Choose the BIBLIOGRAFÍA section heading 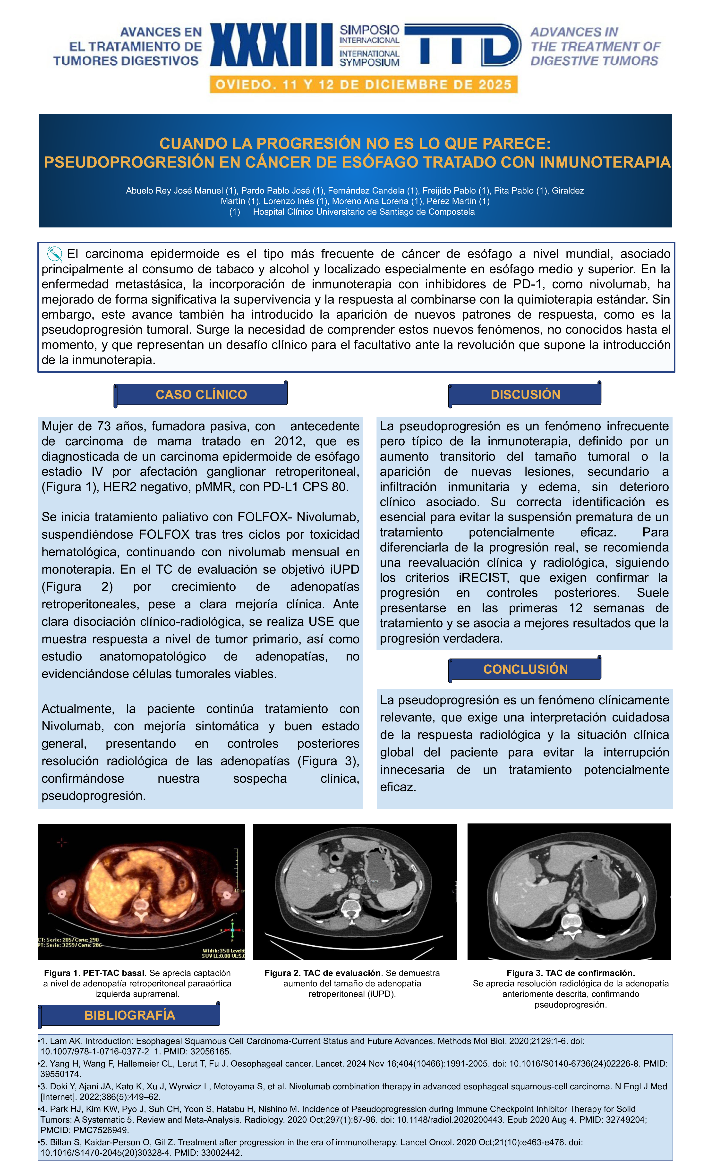tap(130, 1015)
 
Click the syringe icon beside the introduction tap(55, 254)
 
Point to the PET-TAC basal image tap(142, 891)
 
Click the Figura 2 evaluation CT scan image tap(355, 891)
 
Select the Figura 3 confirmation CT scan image tap(569, 891)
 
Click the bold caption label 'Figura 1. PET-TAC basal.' tap(95, 973)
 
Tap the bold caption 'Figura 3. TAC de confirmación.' tap(570, 973)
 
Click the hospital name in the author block tap(363, 212)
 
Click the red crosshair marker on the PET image tap(62, 843)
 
